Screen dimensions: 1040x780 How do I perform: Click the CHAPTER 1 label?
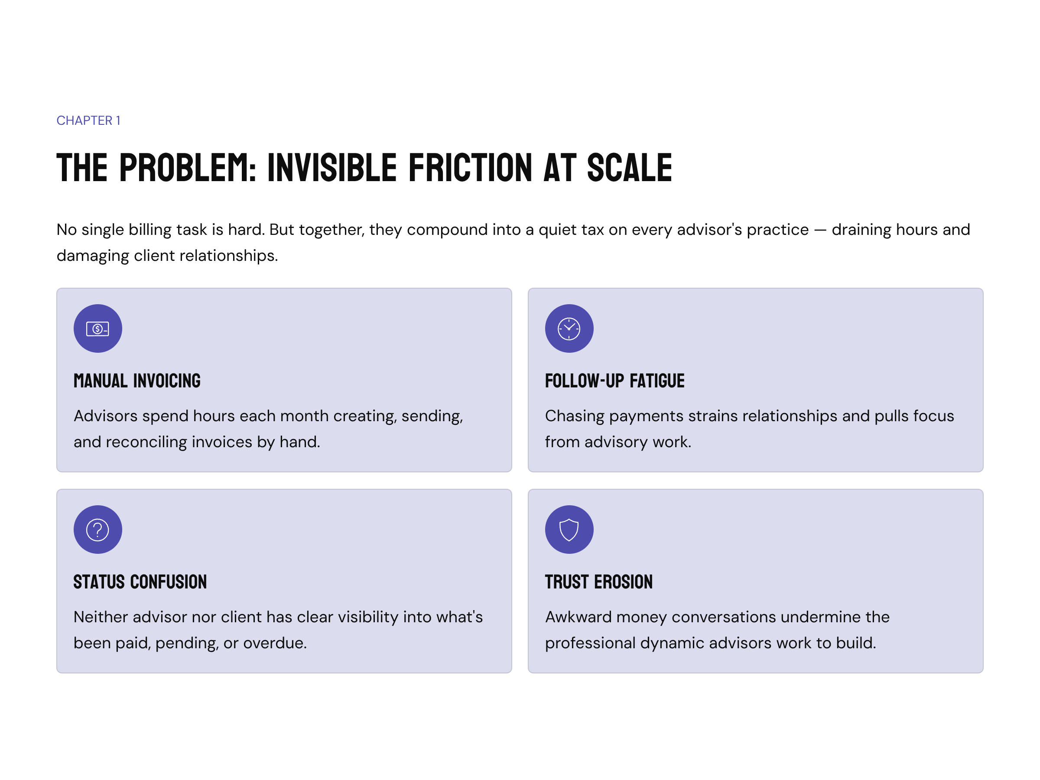88,121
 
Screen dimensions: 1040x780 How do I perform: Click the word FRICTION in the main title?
471,167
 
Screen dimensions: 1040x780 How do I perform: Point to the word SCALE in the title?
630,167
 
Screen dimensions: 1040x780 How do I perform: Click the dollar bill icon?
98,328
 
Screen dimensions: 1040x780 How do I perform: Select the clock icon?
569,328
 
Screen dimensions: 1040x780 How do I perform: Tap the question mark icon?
98,530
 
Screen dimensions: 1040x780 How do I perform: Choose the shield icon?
569,530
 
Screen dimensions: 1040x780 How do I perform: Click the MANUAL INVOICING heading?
137,381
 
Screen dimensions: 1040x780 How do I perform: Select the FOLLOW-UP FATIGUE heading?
614,381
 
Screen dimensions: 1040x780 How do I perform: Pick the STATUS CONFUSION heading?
140,582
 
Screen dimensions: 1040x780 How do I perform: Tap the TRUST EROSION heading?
598,582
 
